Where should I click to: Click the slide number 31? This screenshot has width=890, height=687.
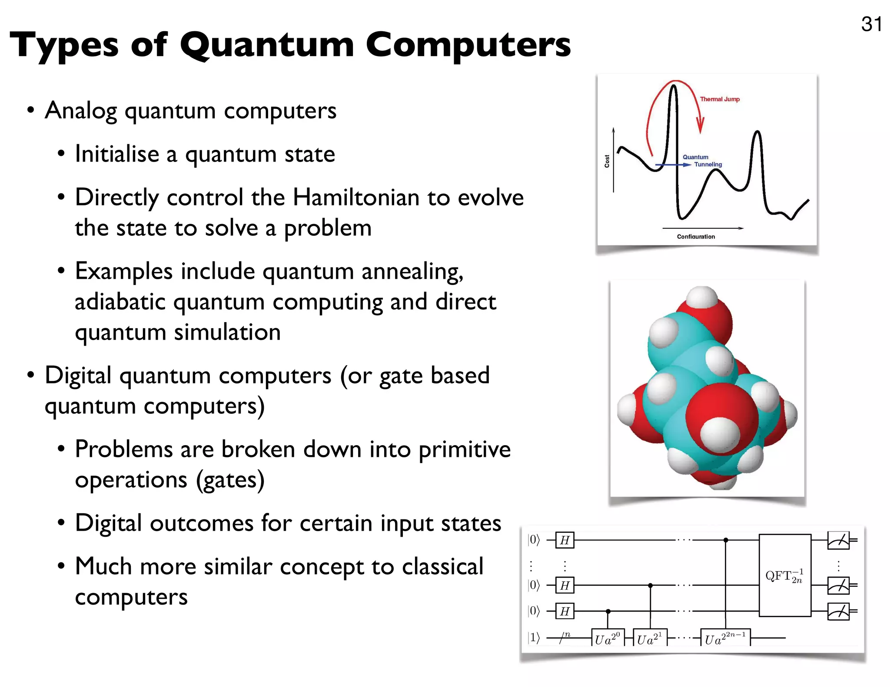(871, 24)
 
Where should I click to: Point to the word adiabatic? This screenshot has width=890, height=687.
(120, 302)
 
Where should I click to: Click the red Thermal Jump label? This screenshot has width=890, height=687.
(720, 99)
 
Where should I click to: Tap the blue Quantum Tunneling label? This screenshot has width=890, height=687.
(702, 161)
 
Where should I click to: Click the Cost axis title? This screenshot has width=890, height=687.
(607, 161)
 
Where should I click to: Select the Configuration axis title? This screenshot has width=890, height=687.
(696, 237)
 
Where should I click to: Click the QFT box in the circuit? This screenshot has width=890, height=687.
(784, 575)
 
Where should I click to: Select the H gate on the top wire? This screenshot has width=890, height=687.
(565, 540)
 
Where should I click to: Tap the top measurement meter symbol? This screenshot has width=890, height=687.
(839, 541)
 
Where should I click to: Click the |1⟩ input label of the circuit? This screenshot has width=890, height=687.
(534, 637)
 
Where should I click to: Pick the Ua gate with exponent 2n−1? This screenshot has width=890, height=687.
(725, 638)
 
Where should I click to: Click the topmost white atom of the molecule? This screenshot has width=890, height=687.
(702, 298)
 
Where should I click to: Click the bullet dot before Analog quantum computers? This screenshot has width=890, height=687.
(30, 110)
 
